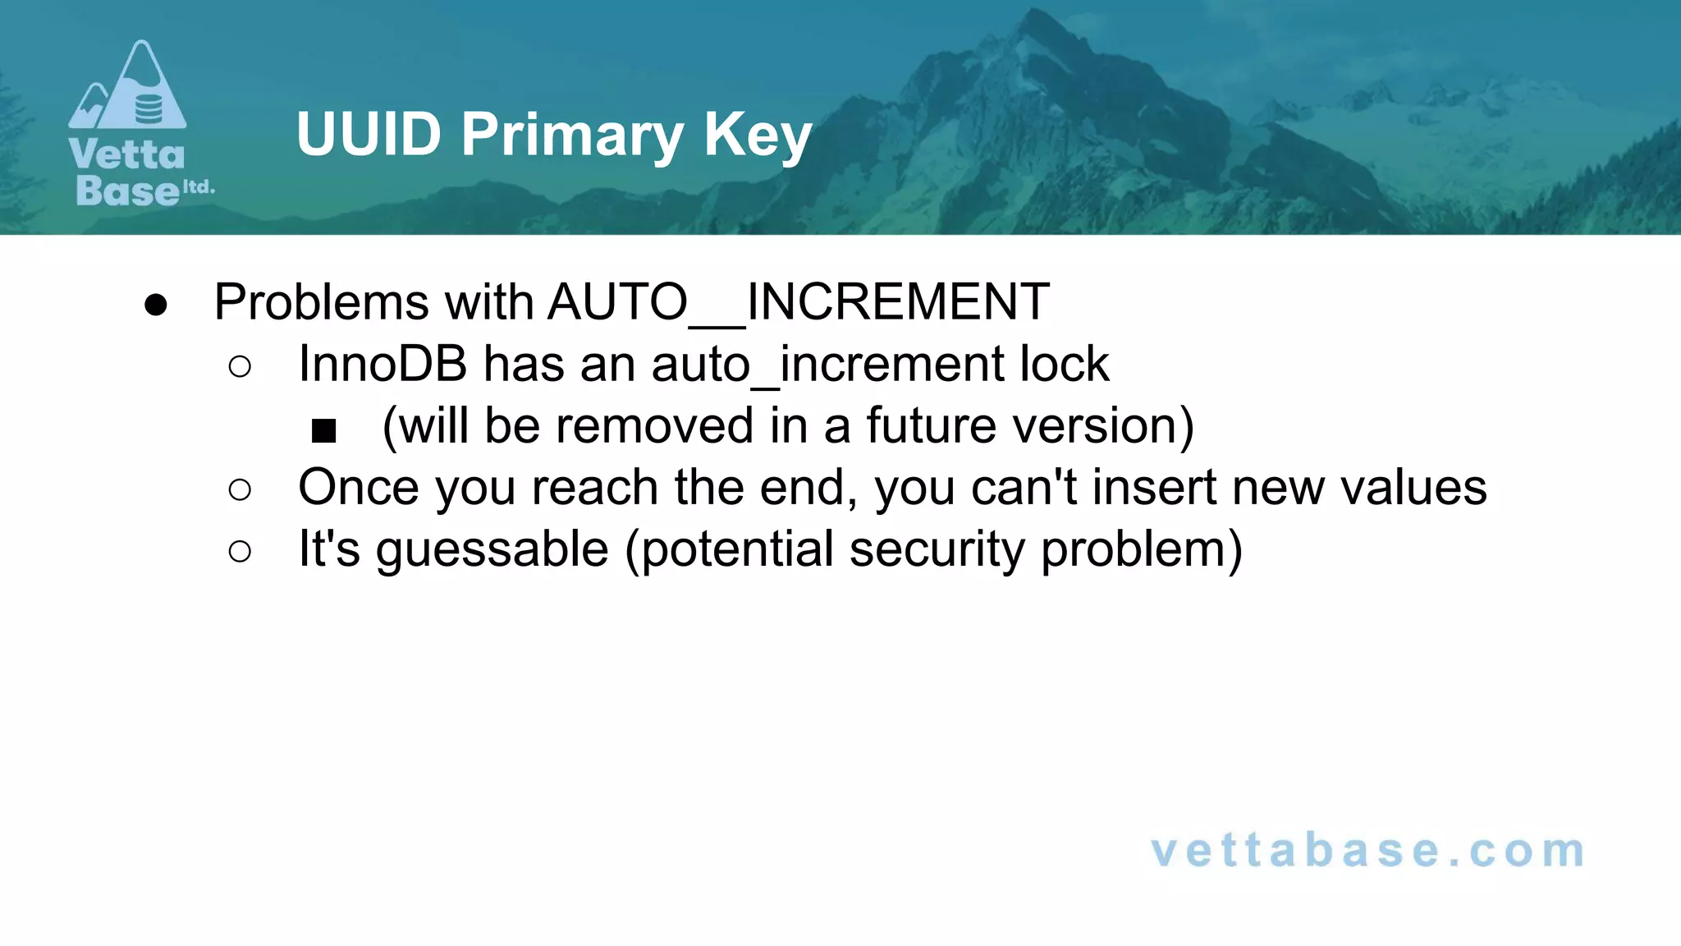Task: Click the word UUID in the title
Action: point(369,134)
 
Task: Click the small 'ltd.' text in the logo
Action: point(198,186)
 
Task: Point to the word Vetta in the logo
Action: point(127,155)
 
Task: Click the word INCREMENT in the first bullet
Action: point(898,301)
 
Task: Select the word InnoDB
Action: point(382,364)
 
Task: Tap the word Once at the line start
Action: point(359,487)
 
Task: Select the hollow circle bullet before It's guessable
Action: point(240,551)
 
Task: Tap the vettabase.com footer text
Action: point(1367,851)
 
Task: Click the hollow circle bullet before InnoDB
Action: point(240,366)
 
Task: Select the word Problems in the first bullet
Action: point(321,301)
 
